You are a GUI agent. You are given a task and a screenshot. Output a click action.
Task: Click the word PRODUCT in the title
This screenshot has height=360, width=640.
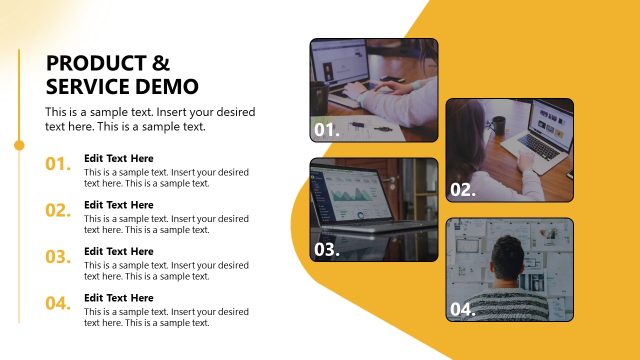(x=90, y=62)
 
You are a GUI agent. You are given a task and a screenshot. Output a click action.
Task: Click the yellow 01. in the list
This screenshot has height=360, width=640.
(x=58, y=164)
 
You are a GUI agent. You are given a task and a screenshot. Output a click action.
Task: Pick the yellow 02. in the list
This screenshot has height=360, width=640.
(x=58, y=210)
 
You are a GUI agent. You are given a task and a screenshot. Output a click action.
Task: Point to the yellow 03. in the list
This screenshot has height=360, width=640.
(x=58, y=257)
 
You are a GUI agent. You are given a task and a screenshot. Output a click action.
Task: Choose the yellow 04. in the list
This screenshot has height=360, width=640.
(x=58, y=303)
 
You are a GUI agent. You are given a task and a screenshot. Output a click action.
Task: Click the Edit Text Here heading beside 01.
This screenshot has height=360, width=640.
(x=119, y=158)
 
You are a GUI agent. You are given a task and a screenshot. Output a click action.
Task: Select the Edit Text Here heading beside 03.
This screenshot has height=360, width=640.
(x=119, y=251)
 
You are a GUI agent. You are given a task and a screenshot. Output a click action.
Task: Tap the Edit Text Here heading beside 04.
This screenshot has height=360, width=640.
(x=119, y=298)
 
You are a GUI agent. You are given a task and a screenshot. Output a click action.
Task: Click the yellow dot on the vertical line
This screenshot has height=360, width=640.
(x=19, y=145)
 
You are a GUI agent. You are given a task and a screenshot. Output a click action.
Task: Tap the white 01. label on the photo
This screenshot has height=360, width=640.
(x=327, y=130)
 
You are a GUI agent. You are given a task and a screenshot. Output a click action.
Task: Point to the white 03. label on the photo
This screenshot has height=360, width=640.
(x=327, y=250)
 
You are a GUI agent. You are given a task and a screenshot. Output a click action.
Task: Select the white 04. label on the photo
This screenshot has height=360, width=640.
(x=462, y=310)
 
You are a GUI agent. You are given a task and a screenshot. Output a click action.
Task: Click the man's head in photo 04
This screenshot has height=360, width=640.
(x=508, y=258)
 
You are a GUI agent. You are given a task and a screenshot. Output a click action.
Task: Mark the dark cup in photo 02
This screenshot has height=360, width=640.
(x=498, y=126)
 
